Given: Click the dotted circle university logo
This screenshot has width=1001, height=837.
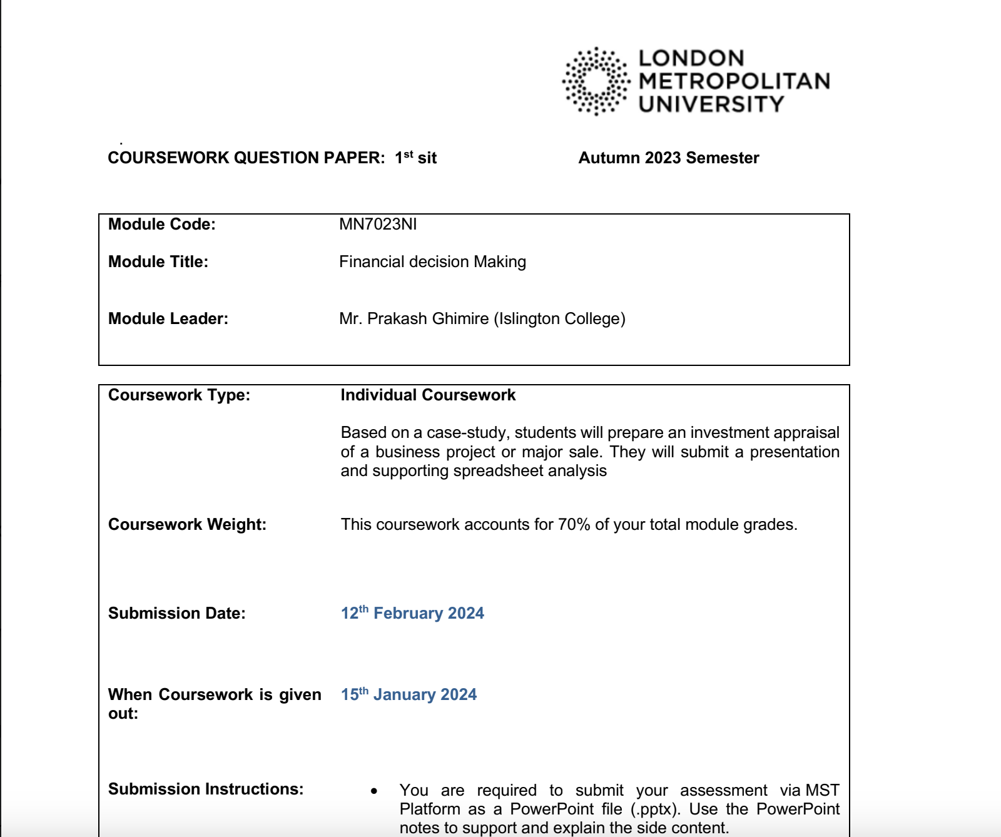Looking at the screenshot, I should tap(596, 81).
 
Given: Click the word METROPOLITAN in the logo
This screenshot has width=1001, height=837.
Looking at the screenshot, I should tap(734, 81).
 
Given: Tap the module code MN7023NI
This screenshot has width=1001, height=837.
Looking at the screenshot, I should tap(378, 225).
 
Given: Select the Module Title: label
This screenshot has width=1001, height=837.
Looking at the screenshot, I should tap(158, 262).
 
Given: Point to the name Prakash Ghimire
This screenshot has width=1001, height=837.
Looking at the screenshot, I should tap(428, 319).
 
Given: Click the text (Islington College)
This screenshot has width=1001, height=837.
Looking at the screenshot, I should tap(559, 319).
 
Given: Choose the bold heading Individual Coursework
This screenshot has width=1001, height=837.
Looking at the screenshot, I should tap(428, 395).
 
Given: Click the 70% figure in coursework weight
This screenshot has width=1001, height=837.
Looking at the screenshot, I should tap(574, 525).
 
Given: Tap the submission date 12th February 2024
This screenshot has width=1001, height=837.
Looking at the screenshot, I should tap(412, 614).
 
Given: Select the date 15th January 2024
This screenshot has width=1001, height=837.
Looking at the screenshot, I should tap(409, 695).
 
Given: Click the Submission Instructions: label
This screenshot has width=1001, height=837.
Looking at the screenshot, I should tap(206, 789).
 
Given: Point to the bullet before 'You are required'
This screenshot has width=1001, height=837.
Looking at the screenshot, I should tap(374, 791).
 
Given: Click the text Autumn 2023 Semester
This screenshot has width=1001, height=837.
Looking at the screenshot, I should tap(669, 158).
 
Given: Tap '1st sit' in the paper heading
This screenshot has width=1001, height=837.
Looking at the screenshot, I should tap(415, 158).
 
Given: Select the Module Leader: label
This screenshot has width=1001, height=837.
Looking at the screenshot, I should tap(168, 319).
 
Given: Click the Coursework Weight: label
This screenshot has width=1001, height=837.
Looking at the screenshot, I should tap(187, 525).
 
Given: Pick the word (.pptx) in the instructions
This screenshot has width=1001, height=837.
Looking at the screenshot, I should tap(655, 809).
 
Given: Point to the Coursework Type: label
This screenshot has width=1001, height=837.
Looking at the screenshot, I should tap(179, 395).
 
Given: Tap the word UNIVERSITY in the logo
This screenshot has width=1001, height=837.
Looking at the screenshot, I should tap(711, 104).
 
